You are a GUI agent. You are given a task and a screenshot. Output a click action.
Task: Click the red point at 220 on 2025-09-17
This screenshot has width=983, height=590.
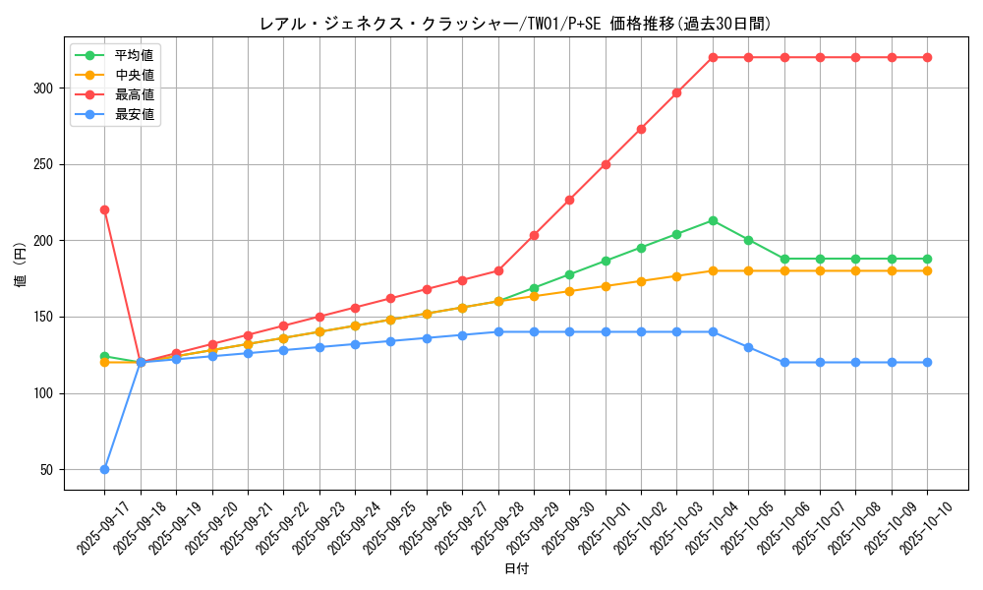point(104,209)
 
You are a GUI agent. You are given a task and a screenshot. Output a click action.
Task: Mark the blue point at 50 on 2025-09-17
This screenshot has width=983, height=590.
point(104,469)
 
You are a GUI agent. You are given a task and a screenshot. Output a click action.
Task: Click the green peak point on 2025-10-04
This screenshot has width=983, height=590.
point(713,220)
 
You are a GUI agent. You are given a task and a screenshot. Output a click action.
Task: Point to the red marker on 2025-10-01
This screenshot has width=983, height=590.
point(606,164)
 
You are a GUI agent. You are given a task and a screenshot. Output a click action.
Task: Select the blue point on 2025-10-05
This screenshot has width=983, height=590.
point(748,347)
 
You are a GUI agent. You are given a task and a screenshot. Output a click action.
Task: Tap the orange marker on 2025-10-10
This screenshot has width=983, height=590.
point(927,270)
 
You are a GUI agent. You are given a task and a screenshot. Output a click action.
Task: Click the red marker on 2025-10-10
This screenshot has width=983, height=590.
point(927,57)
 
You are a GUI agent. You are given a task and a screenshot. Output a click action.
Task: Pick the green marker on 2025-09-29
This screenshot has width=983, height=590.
point(534,288)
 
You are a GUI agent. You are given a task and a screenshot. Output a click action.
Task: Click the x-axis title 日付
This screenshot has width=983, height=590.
point(516,569)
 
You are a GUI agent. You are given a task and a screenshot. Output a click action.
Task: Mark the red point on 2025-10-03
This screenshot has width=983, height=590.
point(676,92)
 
